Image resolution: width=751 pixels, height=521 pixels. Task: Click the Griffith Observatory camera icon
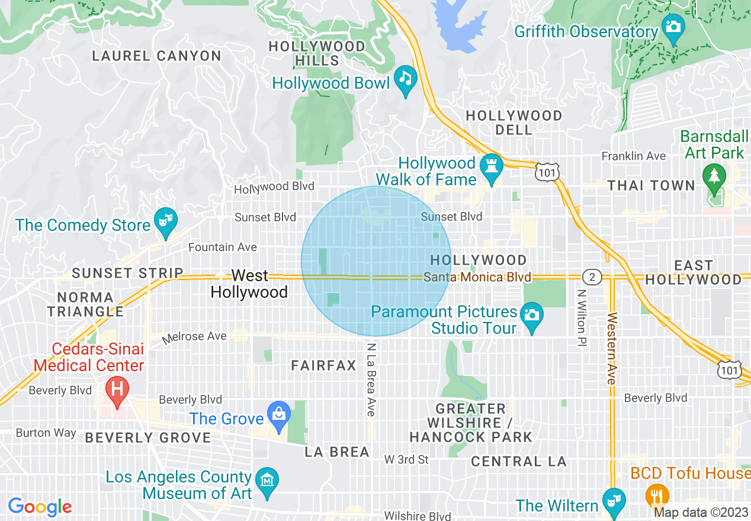click(x=673, y=28)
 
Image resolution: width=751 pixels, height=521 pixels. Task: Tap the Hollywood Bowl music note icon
click(x=405, y=79)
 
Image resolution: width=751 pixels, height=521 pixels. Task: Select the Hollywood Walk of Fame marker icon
click(x=491, y=164)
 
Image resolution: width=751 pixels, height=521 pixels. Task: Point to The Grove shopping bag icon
click(x=278, y=414)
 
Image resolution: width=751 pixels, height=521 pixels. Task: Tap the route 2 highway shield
click(x=591, y=277)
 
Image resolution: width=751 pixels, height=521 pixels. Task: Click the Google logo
click(x=40, y=507)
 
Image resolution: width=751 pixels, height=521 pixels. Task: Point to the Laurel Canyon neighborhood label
click(x=156, y=56)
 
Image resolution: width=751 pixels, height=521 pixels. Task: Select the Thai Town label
click(x=651, y=185)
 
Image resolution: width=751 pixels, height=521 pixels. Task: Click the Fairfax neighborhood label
click(x=324, y=366)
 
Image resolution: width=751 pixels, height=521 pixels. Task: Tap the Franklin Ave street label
click(x=634, y=156)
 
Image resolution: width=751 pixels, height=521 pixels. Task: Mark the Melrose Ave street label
click(x=195, y=337)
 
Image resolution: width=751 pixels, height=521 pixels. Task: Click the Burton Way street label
click(x=46, y=433)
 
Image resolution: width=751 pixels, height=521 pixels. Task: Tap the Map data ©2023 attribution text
click(x=699, y=512)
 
